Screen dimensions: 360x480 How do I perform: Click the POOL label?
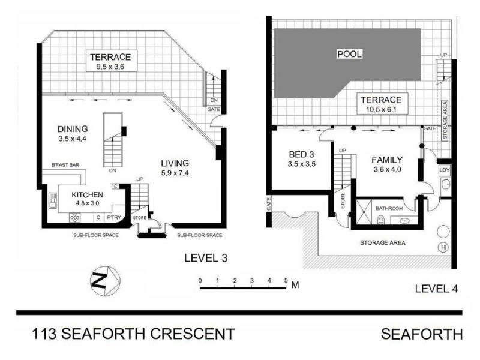coord(349,54)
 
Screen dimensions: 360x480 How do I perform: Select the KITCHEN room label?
coord(88,195)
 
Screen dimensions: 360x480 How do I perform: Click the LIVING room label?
coord(175,163)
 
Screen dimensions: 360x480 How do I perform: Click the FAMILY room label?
coord(386,160)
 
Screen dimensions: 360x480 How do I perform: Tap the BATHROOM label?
coord(389,208)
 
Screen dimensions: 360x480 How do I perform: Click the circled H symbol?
coord(444,248)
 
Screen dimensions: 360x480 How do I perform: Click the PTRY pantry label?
coord(113,217)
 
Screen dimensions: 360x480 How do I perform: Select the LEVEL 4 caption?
coord(436,289)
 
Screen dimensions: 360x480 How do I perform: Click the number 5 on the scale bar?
coord(286,280)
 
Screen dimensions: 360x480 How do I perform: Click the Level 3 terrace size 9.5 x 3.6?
coord(110,67)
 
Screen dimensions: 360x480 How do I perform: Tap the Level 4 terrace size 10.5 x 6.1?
coord(382,110)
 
